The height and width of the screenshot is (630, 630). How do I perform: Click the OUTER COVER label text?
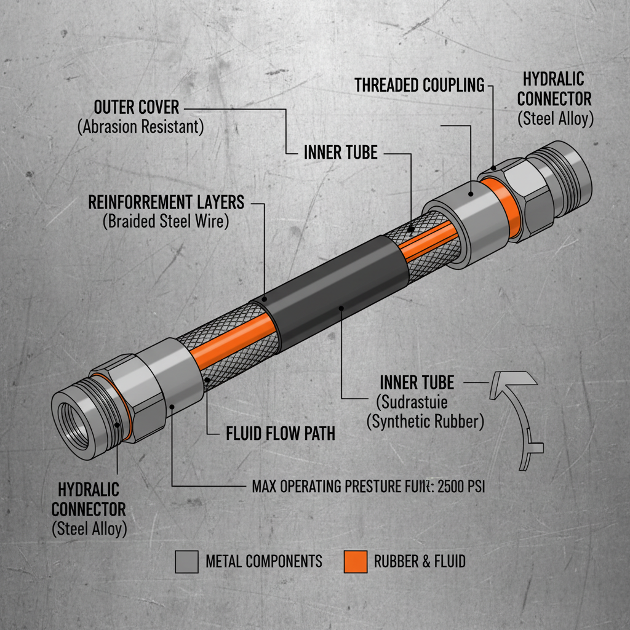[x=136, y=107]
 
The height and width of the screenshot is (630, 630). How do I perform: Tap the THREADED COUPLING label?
[x=419, y=85]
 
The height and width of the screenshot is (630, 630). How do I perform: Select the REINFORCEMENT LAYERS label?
[x=166, y=202]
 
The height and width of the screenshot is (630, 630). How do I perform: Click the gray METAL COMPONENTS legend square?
[x=186, y=561]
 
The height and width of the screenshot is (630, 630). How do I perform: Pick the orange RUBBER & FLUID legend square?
[x=355, y=561]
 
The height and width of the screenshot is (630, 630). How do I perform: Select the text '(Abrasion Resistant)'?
[x=140, y=127]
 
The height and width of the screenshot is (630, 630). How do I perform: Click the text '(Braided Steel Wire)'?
[x=165, y=222]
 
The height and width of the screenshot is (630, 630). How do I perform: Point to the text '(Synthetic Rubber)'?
[x=425, y=422]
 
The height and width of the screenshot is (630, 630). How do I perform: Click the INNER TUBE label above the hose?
[x=340, y=153]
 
